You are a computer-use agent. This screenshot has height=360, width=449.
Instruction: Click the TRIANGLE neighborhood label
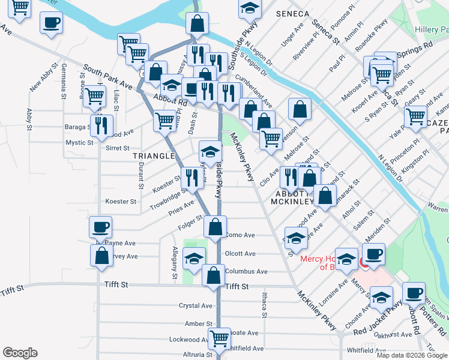[x=154, y=156]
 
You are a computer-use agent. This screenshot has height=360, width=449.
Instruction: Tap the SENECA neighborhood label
[x=292, y=13]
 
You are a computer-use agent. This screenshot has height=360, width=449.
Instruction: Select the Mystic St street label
[x=79, y=143]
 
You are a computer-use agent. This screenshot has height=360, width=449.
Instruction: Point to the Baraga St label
[x=77, y=127]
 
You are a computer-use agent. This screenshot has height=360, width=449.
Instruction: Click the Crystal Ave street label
[x=196, y=305]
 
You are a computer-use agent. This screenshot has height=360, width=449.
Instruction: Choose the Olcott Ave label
[x=240, y=254]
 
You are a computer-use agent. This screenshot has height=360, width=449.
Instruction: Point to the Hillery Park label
[x=431, y=29]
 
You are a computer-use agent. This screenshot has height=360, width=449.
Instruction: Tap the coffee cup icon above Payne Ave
[x=100, y=227]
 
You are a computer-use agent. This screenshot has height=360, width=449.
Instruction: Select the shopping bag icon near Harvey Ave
[x=101, y=254]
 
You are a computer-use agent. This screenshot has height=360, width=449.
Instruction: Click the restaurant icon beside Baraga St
[x=101, y=124]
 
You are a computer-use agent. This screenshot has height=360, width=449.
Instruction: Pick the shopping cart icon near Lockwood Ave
[x=219, y=337]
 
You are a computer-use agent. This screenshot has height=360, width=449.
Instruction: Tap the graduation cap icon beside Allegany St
[x=193, y=258]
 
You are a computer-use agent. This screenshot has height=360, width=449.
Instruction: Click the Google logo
[x=20, y=353]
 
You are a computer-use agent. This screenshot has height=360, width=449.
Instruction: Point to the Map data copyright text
[x=412, y=355]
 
